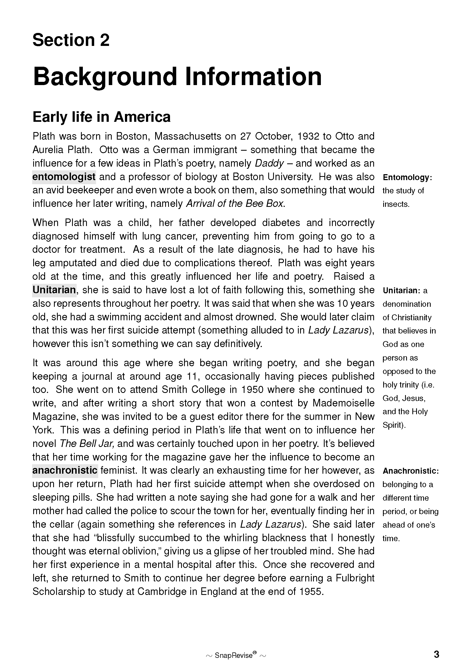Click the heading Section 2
(x=71, y=40)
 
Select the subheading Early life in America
(x=101, y=117)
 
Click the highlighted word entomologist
(x=64, y=177)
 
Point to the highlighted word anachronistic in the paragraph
(x=65, y=470)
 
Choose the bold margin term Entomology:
(x=407, y=177)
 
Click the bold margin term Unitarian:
(x=401, y=290)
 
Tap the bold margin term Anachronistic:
(x=410, y=471)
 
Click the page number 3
(x=436, y=654)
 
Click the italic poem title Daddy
(x=269, y=163)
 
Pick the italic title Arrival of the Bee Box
(x=235, y=203)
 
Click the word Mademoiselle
(x=343, y=403)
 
